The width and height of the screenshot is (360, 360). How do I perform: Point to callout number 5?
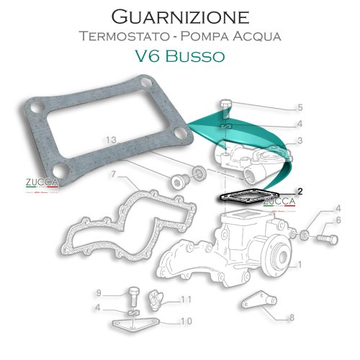pos(300,108)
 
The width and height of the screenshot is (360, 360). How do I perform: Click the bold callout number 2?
pos(300,192)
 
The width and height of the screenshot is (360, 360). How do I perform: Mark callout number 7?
pos(113,175)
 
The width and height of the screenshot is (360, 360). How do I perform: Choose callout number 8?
pos(292,317)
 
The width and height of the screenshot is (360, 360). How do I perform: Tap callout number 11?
pos(186,300)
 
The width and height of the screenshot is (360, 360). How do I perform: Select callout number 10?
pos(186,322)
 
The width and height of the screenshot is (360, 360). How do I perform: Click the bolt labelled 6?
pos(320,235)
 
